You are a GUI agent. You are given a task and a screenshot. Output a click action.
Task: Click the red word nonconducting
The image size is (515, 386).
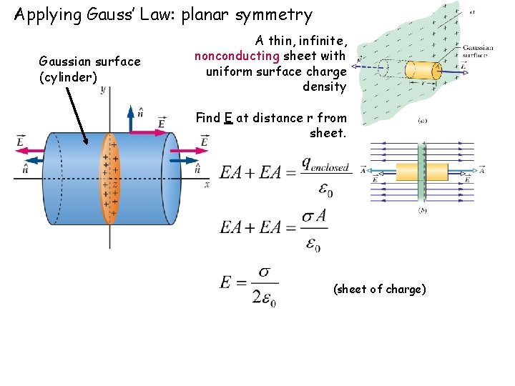[x=237, y=56]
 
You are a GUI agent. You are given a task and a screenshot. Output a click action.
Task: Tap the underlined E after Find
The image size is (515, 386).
[x=227, y=118]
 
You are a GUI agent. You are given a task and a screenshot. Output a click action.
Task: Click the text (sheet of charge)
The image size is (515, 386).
[x=379, y=289]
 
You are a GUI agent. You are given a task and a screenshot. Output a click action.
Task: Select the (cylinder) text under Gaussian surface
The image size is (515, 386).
[x=68, y=77]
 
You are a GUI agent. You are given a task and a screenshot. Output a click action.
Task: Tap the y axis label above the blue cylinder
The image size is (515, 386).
[x=104, y=90]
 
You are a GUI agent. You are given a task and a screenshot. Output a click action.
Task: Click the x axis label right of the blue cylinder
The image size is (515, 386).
[x=207, y=184]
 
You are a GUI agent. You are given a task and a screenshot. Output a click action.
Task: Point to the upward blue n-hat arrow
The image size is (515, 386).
[x=130, y=118]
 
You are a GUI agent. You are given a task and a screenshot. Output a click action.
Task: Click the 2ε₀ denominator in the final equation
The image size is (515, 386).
[x=264, y=297]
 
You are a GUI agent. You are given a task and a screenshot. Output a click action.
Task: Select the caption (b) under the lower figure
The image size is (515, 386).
[x=421, y=211]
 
